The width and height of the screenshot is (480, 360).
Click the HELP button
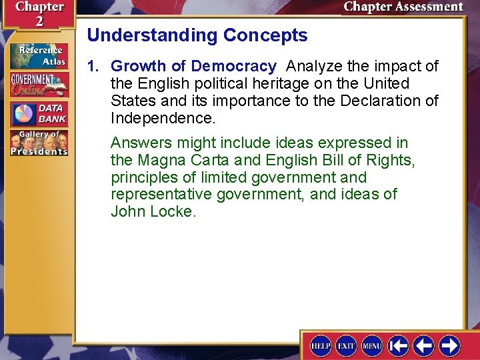point(321,346)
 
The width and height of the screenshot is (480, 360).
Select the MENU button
point(372,346)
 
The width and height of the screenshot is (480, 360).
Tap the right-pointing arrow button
point(450,345)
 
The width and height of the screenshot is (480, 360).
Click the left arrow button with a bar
point(399,345)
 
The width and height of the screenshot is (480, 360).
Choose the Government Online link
point(38,85)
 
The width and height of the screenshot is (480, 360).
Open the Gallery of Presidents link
point(38,143)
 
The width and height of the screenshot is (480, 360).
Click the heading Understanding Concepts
point(197,35)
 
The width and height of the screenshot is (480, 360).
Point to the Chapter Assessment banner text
point(403,7)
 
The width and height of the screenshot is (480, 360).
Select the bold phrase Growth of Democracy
point(193,66)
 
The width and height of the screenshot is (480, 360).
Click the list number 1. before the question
point(94,66)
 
